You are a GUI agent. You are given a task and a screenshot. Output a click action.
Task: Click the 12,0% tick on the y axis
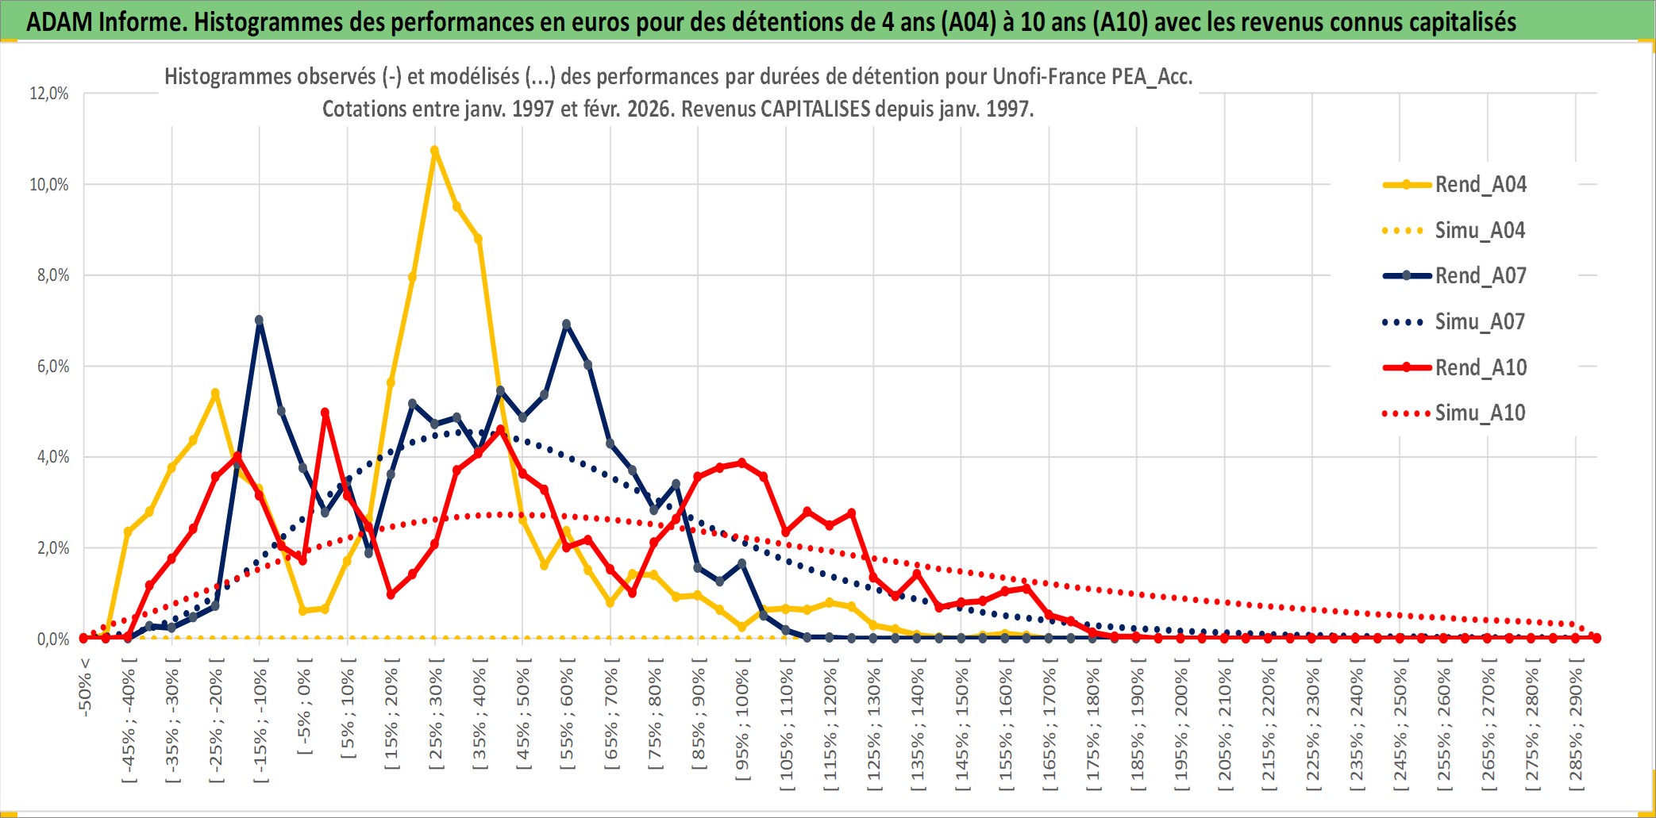(x=49, y=94)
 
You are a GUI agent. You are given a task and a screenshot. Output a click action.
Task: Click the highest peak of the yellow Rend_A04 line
(x=434, y=150)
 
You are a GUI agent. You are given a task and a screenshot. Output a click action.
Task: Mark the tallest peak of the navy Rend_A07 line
(x=259, y=320)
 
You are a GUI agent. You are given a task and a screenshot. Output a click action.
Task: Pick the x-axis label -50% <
(x=85, y=687)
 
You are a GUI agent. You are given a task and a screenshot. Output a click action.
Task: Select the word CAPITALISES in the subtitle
(x=815, y=109)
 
